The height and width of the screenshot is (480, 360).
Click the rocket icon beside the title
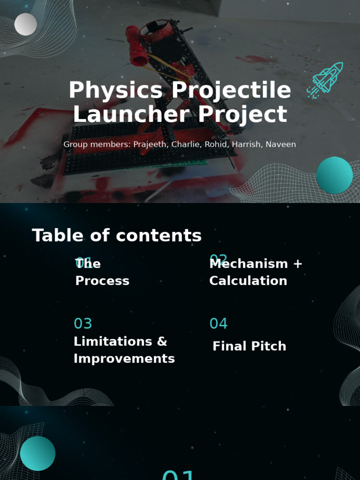click(x=326, y=80)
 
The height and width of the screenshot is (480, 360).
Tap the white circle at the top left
click(x=25, y=24)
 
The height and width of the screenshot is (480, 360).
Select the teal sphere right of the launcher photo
click(x=334, y=175)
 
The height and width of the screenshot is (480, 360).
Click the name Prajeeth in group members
click(x=150, y=144)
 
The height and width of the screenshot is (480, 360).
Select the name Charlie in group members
click(x=186, y=144)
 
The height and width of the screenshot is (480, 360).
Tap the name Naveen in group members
click(x=281, y=144)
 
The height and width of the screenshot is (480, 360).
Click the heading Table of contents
click(x=117, y=235)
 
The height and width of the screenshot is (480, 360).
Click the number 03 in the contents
click(x=83, y=323)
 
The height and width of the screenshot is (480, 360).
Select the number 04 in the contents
click(x=218, y=323)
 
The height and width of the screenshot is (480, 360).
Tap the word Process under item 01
click(x=102, y=281)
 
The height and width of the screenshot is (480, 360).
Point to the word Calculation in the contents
click(x=248, y=281)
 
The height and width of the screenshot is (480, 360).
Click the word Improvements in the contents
click(x=124, y=359)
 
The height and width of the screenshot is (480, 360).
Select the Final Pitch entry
click(x=249, y=346)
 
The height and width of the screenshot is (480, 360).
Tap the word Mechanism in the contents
click(x=248, y=264)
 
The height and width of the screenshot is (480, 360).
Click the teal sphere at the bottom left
click(x=37, y=453)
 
